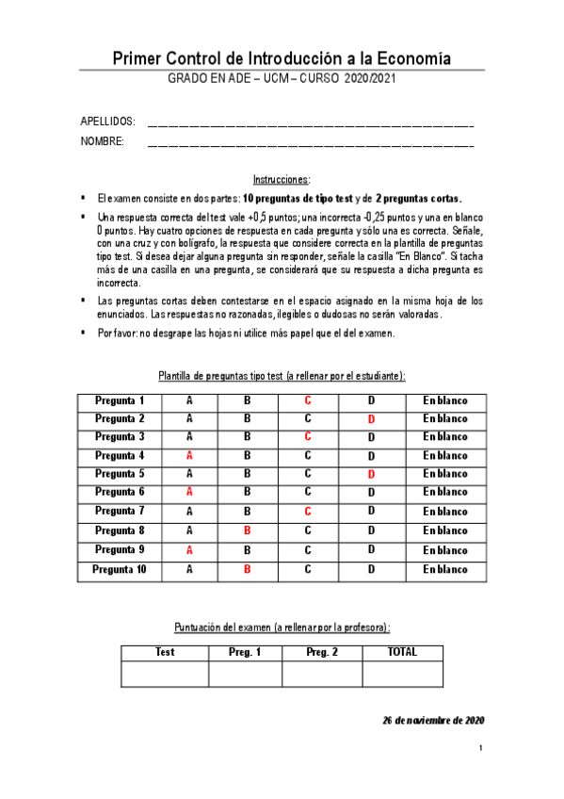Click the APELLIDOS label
[108, 122]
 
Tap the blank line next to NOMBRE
[311, 143]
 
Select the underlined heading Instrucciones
[282, 179]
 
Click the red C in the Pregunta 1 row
[308, 400]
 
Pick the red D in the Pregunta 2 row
[371, 418]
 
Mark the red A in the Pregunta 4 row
[189, 455]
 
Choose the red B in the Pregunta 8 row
[248, 530]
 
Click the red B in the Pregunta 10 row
[248, 569]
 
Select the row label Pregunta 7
[120, 511]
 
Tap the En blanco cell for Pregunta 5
[444, 474]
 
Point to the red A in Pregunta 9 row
[189, 549]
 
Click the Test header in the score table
[165, 652]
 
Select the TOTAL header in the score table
[402, 652]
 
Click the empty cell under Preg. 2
[322, 675]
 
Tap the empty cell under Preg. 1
[245, 675]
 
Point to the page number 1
[480, 749]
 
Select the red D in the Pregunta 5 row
[371, 474]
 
